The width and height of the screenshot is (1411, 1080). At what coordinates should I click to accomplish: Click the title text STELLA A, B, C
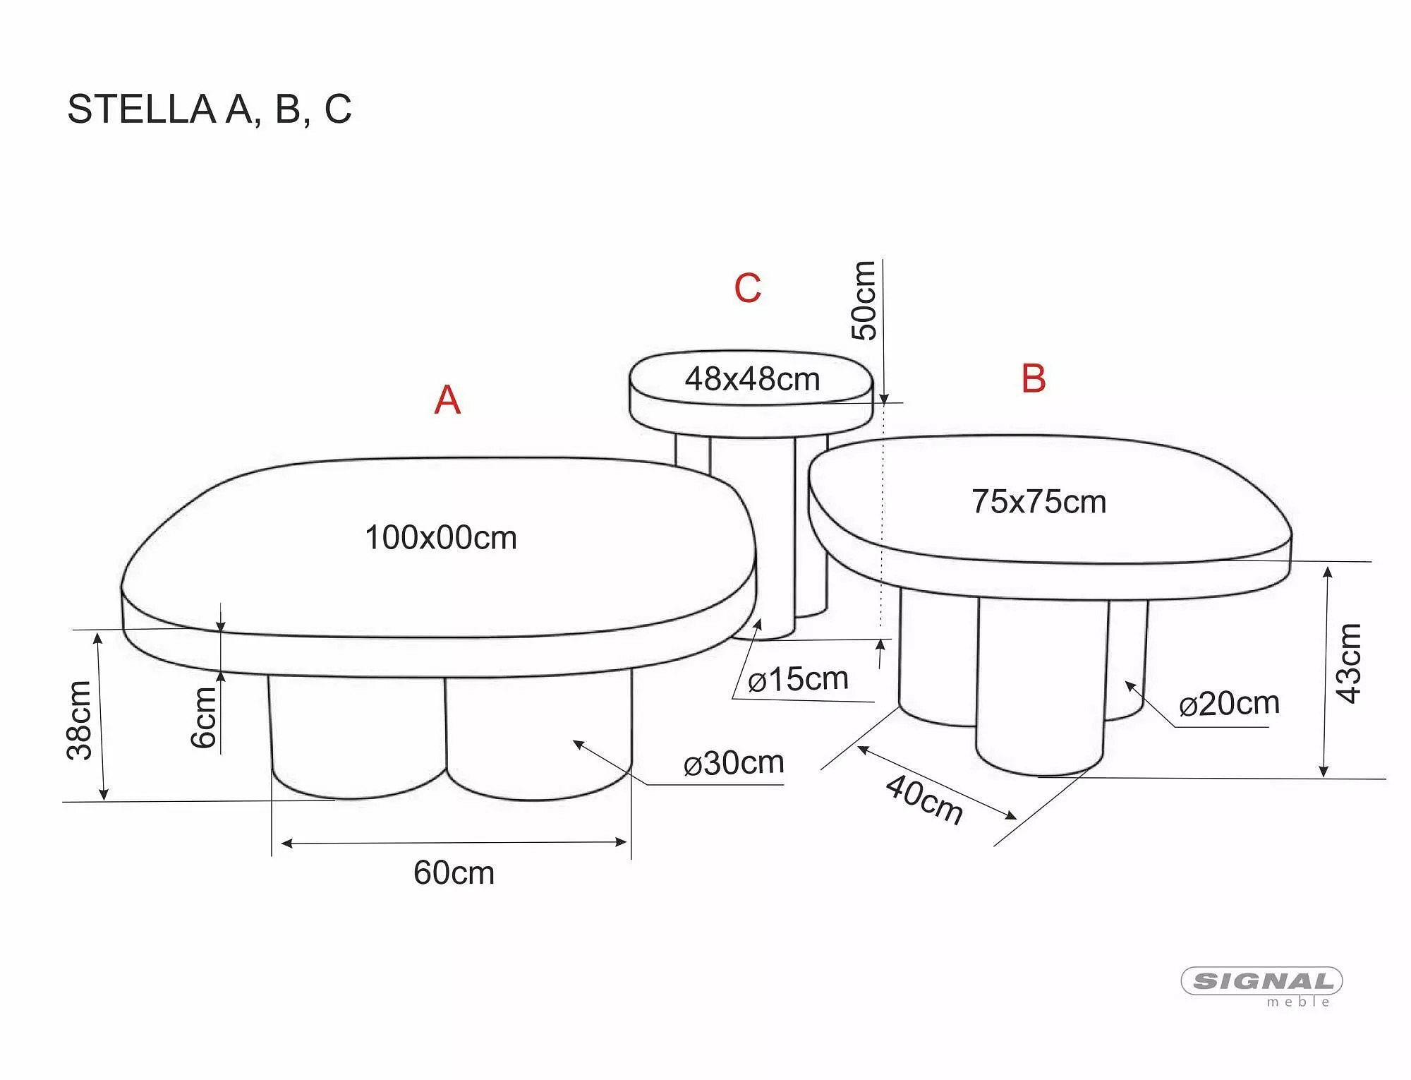coord(210,109)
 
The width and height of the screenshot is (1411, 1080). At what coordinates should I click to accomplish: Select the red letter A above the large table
coord(447,400)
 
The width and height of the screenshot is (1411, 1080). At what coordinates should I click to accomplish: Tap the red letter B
coord(1034,378)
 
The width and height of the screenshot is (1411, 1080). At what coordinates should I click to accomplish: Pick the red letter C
coord(748,288)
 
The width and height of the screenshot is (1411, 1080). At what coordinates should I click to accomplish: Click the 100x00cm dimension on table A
coord(441,538)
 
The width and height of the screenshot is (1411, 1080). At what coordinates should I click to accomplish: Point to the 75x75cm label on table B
coord(1039,502)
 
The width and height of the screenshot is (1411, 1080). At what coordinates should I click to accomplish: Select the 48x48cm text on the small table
coord(752,379)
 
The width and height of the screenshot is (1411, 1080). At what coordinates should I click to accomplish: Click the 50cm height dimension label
coord(864,301)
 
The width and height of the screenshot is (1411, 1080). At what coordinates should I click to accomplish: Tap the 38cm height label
coord(80,720)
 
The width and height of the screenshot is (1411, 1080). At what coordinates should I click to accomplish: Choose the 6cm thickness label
coord(204,717)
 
